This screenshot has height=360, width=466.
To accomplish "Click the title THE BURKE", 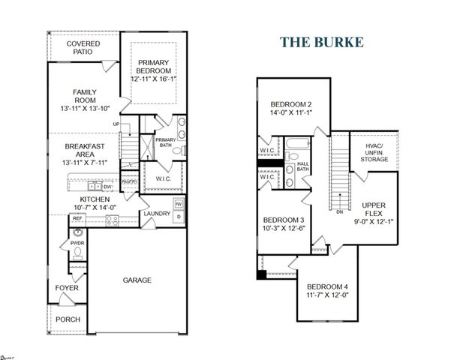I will point(322,41).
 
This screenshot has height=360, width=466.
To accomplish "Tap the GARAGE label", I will point(137,280).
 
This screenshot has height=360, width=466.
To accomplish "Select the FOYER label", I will point(66,288).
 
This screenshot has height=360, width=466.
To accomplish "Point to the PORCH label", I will point(68,319).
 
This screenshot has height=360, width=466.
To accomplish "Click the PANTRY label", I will point(129,181).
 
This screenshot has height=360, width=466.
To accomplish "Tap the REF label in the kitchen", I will point(77,219).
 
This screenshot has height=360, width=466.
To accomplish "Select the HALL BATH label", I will point(302,166).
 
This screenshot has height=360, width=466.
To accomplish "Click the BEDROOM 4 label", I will point(327,287).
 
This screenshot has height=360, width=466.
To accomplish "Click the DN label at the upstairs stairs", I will point(340,211).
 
